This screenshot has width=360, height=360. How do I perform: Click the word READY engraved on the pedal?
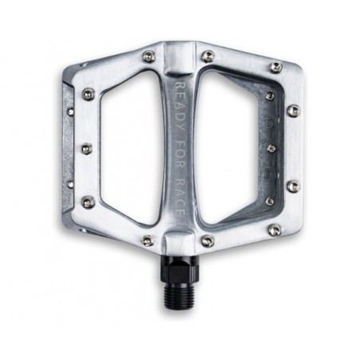[181, 106]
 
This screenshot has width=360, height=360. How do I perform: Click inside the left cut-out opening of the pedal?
[129, 149]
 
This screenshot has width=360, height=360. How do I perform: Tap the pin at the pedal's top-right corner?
[276, 67]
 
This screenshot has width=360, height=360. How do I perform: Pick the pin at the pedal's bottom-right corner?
[275, 230]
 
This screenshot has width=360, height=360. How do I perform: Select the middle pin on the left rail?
[87, 148]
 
